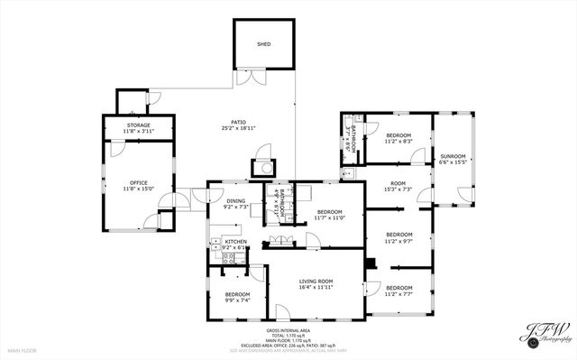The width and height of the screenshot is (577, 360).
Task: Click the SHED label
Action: tap(264, 43)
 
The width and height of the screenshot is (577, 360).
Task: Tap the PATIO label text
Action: tap(238, 123)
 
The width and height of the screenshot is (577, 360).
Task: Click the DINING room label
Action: tap(235, 201)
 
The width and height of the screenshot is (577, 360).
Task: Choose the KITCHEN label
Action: tap(235, 242)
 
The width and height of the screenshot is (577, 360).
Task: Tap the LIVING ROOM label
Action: tap(316, 282)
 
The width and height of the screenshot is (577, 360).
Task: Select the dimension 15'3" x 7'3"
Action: tap(398, 189)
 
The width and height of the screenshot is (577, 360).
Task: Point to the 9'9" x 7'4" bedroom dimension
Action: tap(237, 300)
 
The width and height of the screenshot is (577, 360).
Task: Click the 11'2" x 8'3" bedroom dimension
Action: tap(398, 141)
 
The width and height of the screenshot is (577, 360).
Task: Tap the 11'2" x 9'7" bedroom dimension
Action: tap(398, 241)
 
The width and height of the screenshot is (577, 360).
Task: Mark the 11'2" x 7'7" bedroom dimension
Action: tap(398, 293)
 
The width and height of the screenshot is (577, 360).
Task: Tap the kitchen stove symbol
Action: tap(229, 259)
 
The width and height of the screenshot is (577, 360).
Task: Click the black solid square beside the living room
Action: tap(370, 263)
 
